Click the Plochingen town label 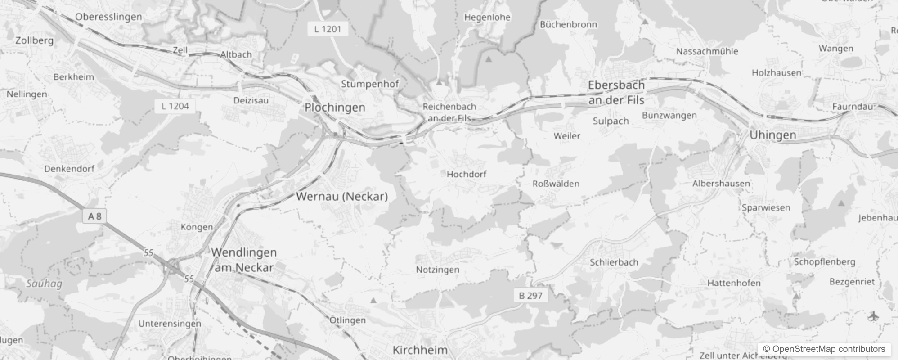point(335,108)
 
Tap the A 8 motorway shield point(94,216)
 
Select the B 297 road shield point(531,296)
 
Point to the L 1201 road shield point(328,29)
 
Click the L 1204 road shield point(175,106)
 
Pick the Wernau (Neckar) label point(342,196)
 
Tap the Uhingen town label point(772,135)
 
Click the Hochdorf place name point(467,174)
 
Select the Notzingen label point(437,270)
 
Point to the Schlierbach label point(614,262)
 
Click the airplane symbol point(873,316)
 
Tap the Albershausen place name point(721,184)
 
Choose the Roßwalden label point(556,184)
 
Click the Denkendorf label point(69,169)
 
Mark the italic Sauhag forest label point(44,283)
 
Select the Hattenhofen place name point(734,283)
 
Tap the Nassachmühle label point(707,51)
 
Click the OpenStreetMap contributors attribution point(824,349)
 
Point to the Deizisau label point(251,100)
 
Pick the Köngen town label point(197,227)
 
